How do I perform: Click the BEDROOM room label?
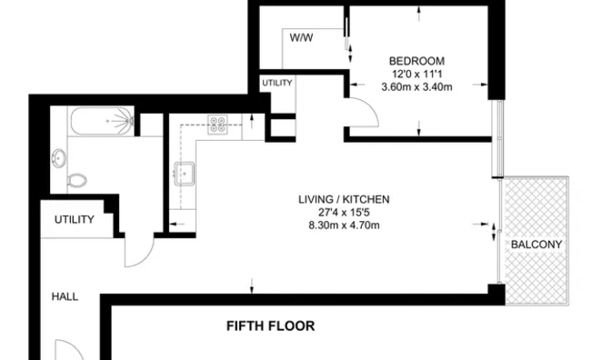(416, 61)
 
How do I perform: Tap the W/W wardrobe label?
(301, 37)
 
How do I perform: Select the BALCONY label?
(536, 245)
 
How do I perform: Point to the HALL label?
(65, 296)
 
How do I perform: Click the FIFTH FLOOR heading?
(271, 325)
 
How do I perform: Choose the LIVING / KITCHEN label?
(344, 199)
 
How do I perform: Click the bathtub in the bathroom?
(103, 121)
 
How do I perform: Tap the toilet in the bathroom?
(77, 179)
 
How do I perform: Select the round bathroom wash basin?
(59, 158)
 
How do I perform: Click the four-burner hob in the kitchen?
(217, 125)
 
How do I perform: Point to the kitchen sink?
(184, 174)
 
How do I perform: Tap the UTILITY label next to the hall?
(75, 219)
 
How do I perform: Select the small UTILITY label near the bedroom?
(277, 83)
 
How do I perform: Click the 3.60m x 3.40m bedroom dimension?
(416, 87)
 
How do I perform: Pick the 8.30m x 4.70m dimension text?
(345, 225)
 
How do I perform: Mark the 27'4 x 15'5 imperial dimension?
(344, 212)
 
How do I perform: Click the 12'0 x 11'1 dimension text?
(416, 74)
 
